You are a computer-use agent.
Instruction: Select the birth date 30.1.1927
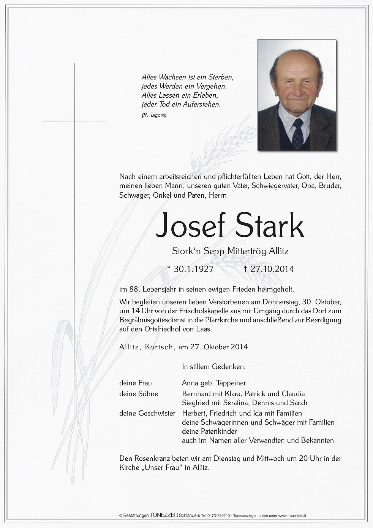193,269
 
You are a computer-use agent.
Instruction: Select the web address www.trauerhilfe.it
292,515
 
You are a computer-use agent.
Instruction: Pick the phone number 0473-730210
218,515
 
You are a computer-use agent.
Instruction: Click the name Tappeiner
229,383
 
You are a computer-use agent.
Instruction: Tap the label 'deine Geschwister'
147,413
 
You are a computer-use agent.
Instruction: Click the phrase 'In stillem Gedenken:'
214,367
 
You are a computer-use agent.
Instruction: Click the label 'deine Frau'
136,383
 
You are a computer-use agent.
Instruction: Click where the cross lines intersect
74,122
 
